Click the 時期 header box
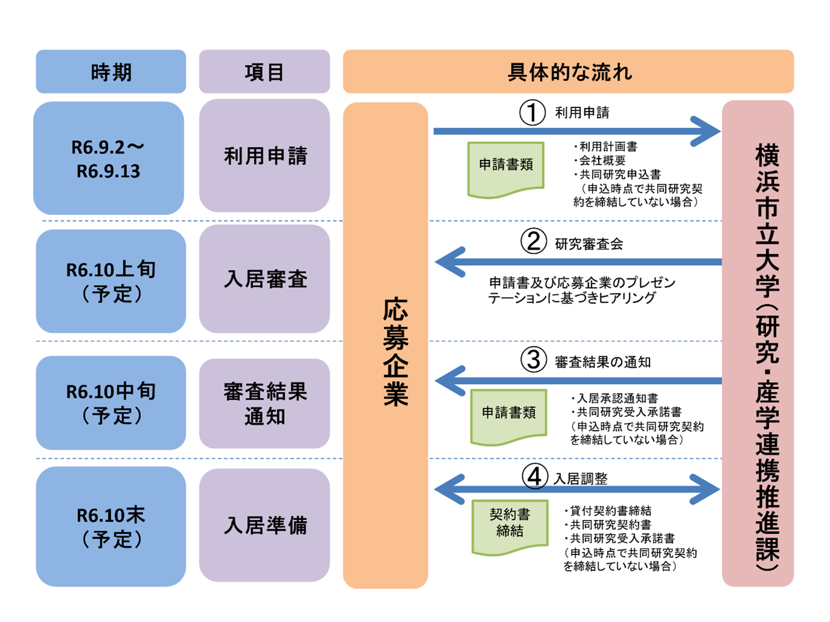tap(111, 72)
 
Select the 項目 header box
tap(264, 72)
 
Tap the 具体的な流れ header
tap(568, 72)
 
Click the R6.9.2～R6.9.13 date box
tap(109, 158)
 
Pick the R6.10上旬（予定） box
tap(111, 281)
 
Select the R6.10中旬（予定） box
tap(111, 403)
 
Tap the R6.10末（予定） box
tap(111, 526)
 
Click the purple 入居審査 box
tap(264, 279)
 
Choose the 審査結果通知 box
tap(264, 403)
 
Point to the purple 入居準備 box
tap(264, 525)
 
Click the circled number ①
tap(532, 113)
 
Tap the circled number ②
tap(533, 242)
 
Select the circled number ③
tap(533, 360)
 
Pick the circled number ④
tap(535, 476)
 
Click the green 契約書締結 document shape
tap(510, 525)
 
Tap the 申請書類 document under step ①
tap(506, 167)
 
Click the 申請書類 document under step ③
tap(509, 415)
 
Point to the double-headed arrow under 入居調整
tap(577, 489)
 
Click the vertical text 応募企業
tap(395, 351)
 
